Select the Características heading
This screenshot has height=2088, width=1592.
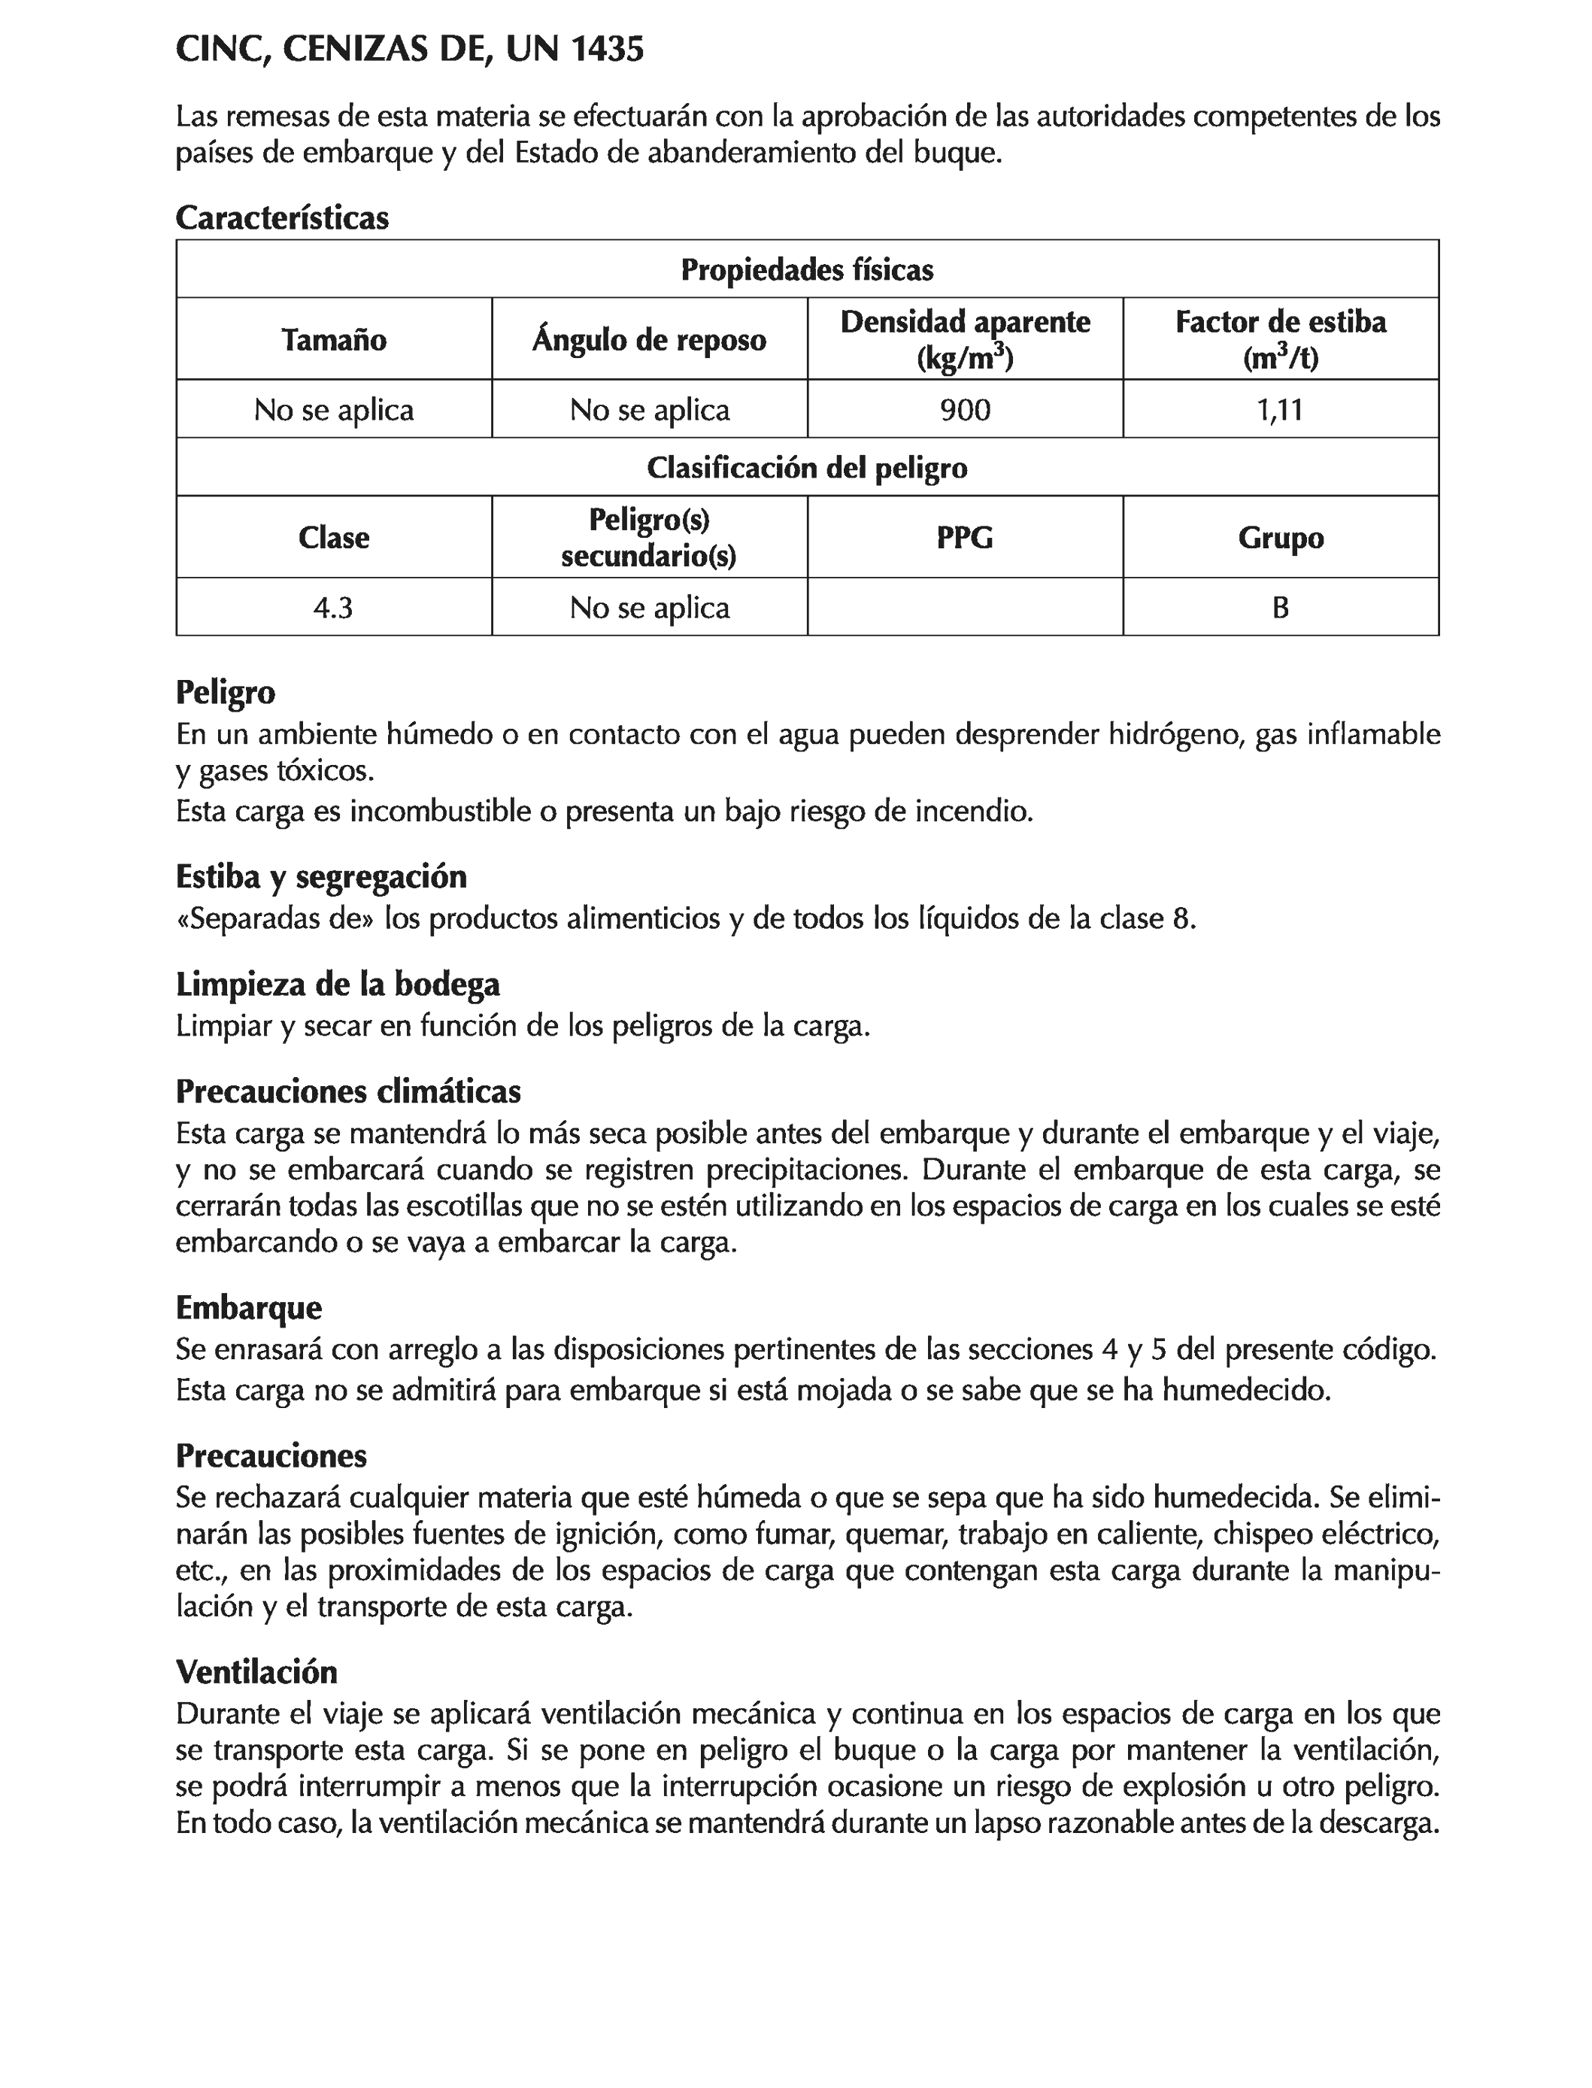(283, 218)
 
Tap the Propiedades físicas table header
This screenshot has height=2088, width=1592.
(808, 270)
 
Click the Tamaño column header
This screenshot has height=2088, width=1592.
(334, 339)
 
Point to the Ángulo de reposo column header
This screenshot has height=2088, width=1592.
(649, 339)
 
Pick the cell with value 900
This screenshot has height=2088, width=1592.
(965, 409)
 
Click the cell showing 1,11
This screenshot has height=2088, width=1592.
(1280, 409)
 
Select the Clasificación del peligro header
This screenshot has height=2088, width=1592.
(808, 467)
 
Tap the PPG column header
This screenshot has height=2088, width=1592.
(965, 537)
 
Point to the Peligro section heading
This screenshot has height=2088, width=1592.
(226, 692)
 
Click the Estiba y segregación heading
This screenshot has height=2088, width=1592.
(321, 877)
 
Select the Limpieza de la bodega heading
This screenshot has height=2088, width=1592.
(338, 985)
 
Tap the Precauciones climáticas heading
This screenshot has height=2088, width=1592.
(347, 1092)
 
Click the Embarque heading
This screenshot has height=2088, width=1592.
(248, 1308)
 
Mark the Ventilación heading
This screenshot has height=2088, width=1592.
(256, 1672)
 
